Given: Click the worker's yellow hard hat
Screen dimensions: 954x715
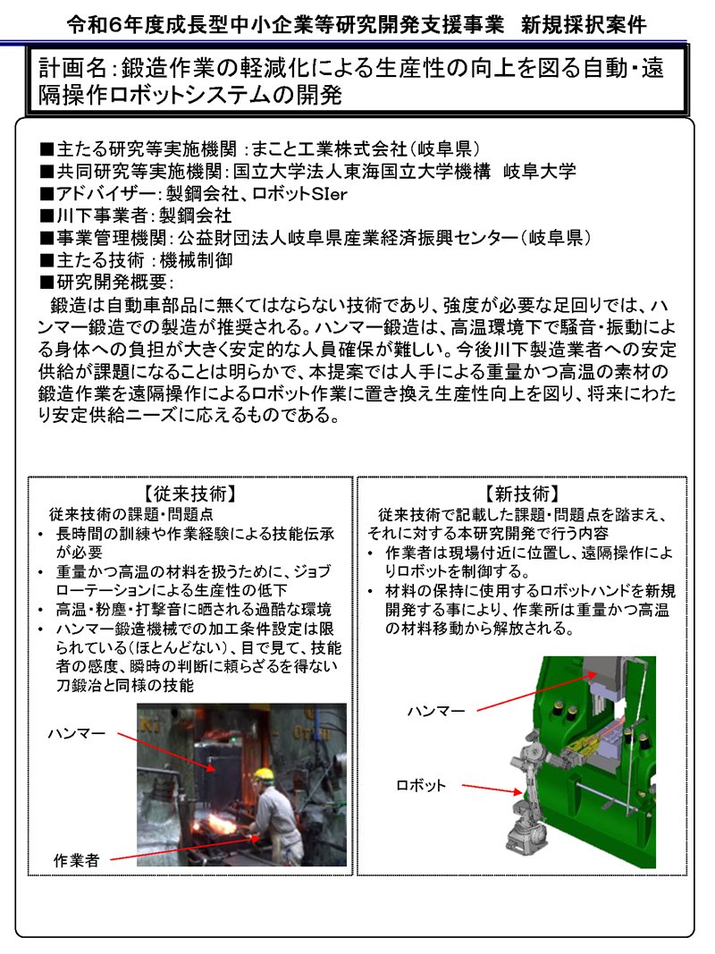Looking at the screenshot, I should click(262, 774).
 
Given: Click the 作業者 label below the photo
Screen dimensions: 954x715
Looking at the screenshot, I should click(76, 860).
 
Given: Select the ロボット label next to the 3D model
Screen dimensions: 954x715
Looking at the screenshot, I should click(420, 785).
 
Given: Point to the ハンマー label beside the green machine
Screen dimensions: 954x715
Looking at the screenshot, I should click(435, 710).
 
